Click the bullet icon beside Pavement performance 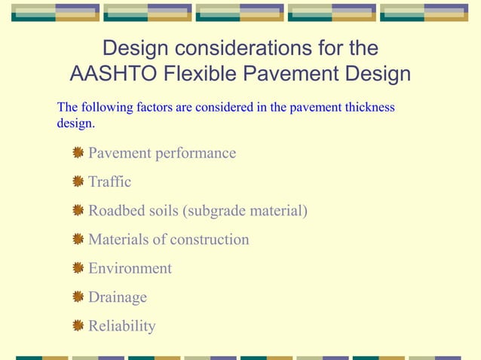click(78, 154)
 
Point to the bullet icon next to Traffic click(78, 182)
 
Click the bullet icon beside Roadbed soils click(78, 211)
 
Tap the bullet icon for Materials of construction click(78, 239)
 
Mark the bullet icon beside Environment click(78, 269)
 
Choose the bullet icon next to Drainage click(78, 297)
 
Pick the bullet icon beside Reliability click(78, 326)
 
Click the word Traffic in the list click(109, 182)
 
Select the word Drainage click(118, 297)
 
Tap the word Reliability click(122, 326)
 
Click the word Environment click(130, 269)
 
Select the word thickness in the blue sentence click(369, 108)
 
